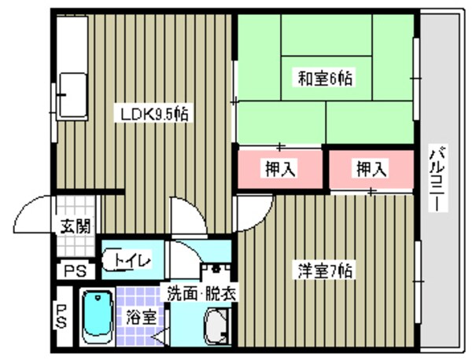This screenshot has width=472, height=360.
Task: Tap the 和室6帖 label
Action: pos(324,79)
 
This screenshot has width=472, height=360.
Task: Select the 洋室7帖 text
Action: pos(324,270)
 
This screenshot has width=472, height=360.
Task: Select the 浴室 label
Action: pos(141,318)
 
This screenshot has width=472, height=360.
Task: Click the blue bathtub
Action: pos(98,317)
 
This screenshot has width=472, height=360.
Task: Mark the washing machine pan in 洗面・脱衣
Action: pos(216,325)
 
